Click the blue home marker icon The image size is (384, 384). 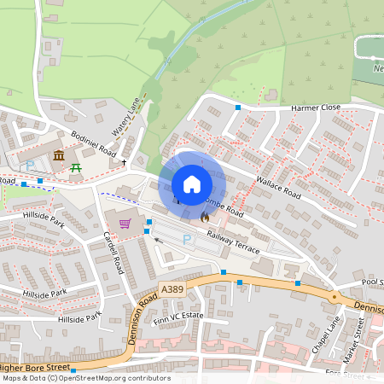(x=192, y=184)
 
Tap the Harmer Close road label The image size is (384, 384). (x=316, y=108)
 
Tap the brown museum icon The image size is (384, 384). (x=59, y=155)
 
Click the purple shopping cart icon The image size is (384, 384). (x=125, y=224)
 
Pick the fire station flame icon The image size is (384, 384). (x=205, y=218)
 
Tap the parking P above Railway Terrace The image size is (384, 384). (x=187, y=240)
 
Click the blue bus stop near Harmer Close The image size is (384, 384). (x=237, y=108)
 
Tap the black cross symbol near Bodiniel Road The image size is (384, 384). (x=124, y=161)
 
